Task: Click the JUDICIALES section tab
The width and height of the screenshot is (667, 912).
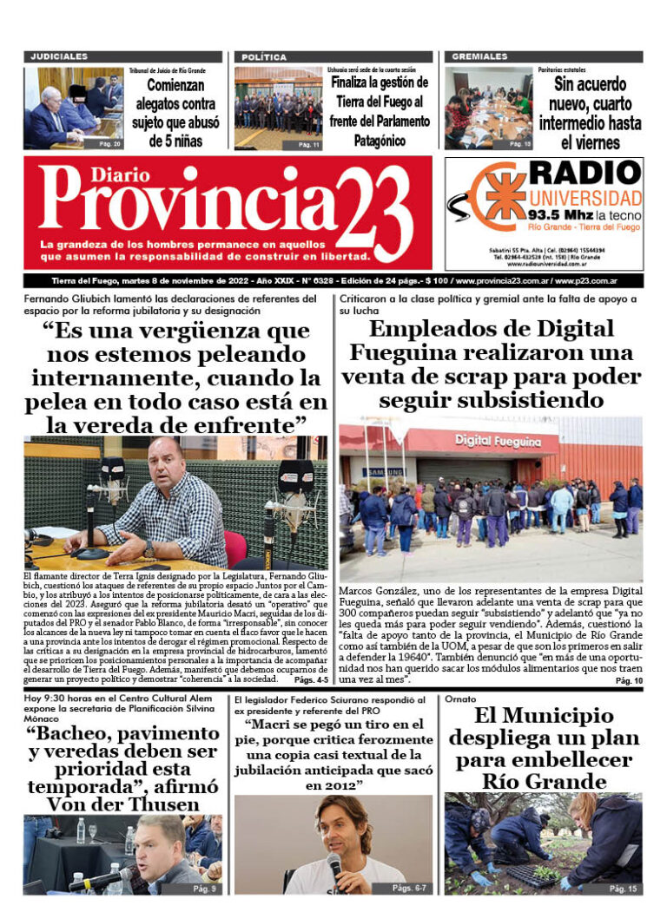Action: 60,56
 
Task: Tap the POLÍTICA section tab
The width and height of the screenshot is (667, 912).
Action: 264,56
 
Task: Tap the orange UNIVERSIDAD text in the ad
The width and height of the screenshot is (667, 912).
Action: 585,198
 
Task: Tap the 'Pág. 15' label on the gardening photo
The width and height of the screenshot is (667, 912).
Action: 622,889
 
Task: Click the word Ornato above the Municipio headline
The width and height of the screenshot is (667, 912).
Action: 461,699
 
